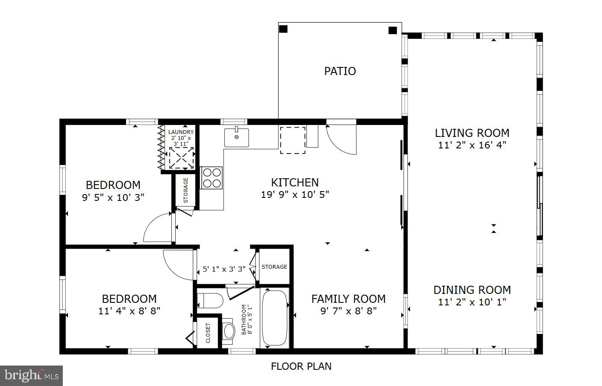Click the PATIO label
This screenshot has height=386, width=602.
click(340, 71)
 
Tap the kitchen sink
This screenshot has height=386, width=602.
click(237, 137)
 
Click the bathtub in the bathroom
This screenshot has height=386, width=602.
click(275, 318)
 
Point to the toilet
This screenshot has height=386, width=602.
click(210, 301)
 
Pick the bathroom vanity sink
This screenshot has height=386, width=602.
click(228, 331)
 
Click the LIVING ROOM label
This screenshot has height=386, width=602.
click(472, 133)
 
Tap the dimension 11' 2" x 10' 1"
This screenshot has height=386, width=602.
click(472, 302)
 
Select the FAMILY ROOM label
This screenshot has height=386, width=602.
click(348, 299)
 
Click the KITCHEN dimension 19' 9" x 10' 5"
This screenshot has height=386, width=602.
click(295, 194)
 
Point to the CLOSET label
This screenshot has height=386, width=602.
click(208, 333)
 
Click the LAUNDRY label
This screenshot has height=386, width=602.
click(181, 132)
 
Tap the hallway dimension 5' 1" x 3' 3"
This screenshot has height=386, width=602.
click(224, 269)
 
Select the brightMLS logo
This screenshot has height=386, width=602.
click(32, 375)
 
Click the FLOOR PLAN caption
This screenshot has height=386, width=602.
click(301, 366)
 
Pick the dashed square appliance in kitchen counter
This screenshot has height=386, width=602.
click(293, 140)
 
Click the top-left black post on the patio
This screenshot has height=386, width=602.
click(283, 29)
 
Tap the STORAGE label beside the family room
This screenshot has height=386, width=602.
click(274, 267)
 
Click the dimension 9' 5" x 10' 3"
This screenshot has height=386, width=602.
click(113, 198)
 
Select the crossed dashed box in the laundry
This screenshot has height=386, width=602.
click(181, 158)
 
